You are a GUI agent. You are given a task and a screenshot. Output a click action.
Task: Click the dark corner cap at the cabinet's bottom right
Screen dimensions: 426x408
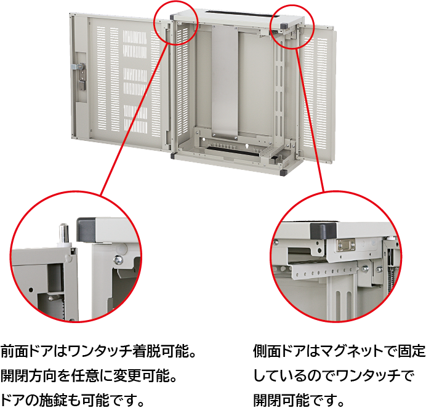coord(283,172)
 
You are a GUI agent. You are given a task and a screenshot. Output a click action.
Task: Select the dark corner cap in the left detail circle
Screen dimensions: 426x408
coord(86,228)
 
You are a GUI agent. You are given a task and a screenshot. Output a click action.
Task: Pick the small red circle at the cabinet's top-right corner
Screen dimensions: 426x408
coord(292,27)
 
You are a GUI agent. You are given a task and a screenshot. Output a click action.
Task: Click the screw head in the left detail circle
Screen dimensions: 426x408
coord(118,260)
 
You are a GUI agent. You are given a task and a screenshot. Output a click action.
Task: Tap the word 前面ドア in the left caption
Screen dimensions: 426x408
coord(26,351)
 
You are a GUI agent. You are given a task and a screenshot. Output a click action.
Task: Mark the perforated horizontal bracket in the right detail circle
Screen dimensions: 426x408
coord(324,271)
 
